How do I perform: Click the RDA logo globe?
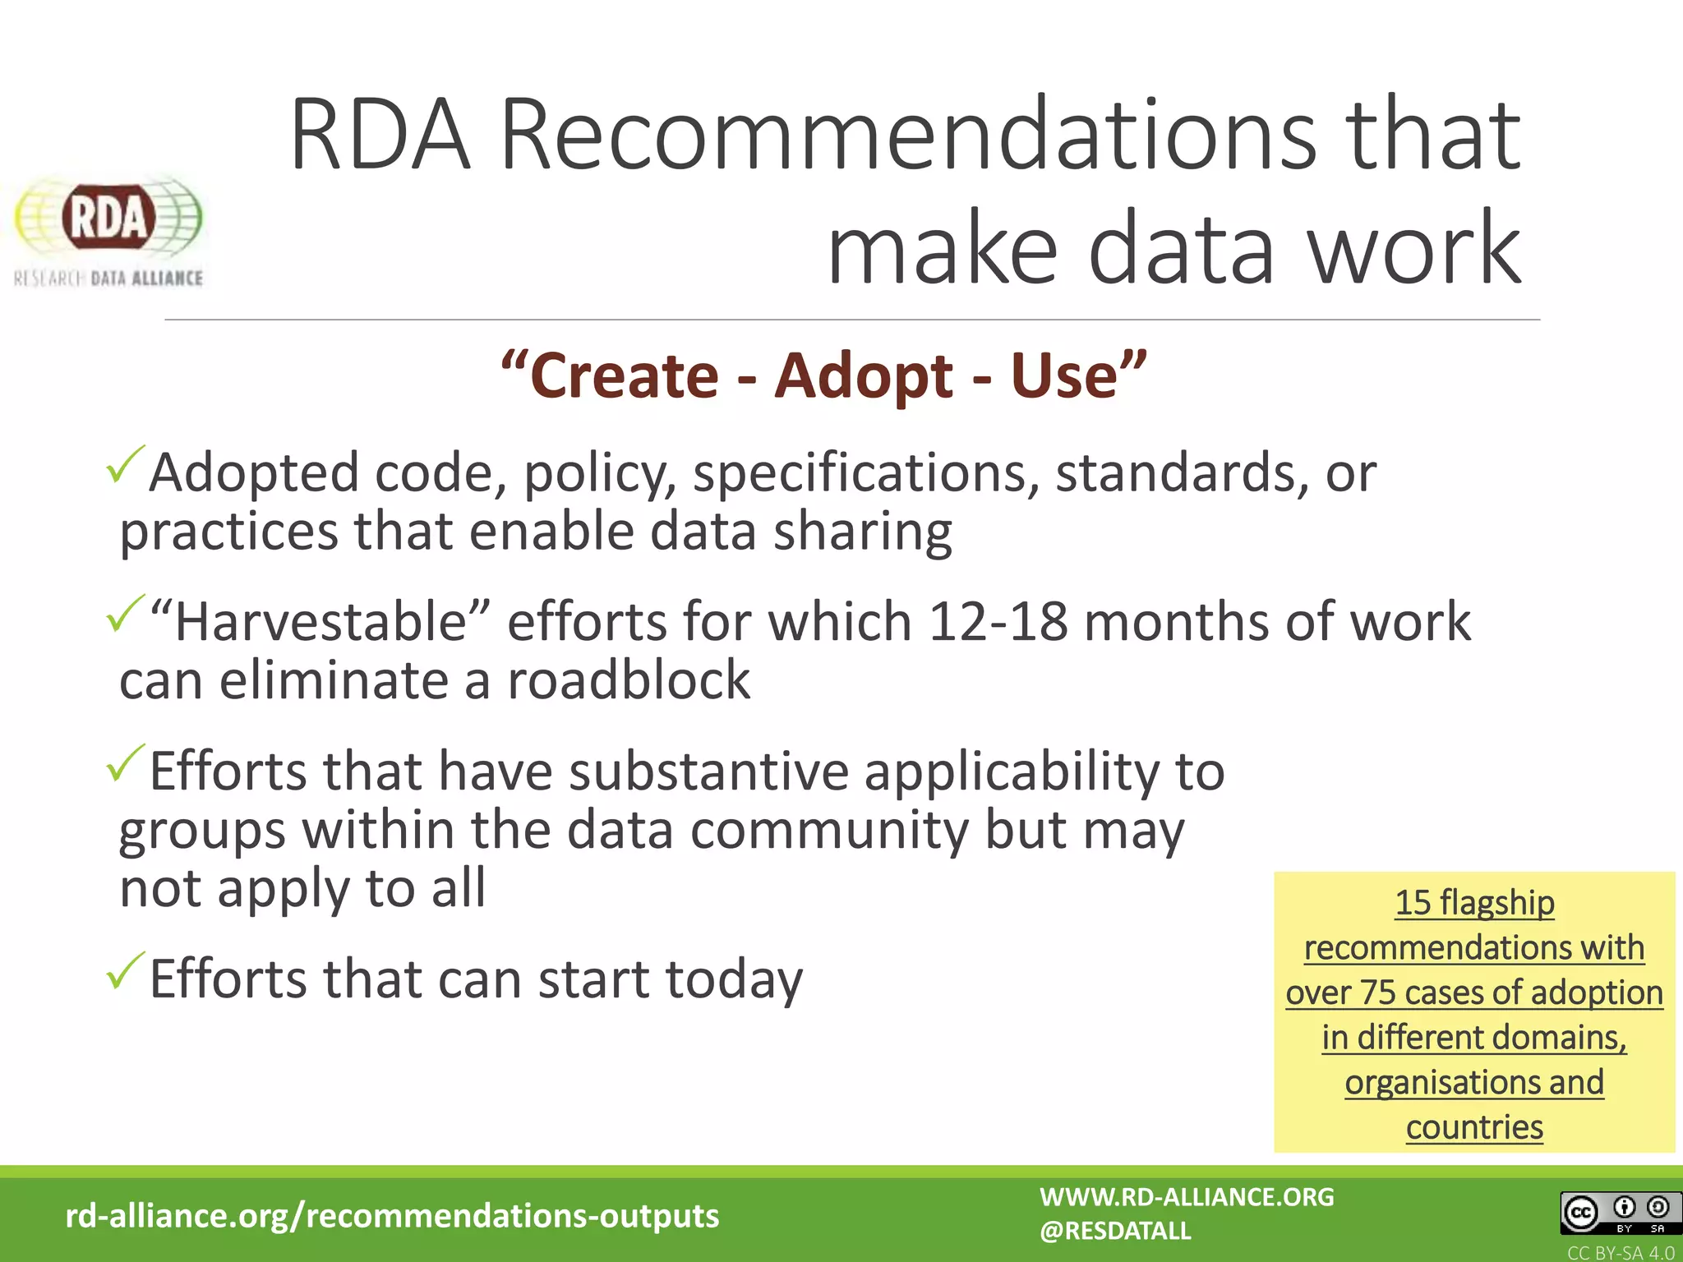(x=108, y=217)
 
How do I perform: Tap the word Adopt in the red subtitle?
(x=864, y=375)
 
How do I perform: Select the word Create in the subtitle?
(x=625, y=375)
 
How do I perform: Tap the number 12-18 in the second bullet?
(x=998, y=621)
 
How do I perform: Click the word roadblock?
(x=629, y=680)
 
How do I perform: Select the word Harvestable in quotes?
(x=320, y=621)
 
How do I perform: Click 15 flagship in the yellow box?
(x=1474, y=903)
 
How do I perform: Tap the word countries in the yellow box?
(x=1474, y=1127)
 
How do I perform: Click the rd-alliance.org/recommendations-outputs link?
(x=392, y=1215)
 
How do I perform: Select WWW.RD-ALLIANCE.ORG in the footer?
(x=1187, y=1197)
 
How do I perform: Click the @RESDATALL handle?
(x=1115, y=1231)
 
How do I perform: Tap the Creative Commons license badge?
(x=1616, y=1213)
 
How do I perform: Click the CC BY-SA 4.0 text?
(x=1620, y=1253)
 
